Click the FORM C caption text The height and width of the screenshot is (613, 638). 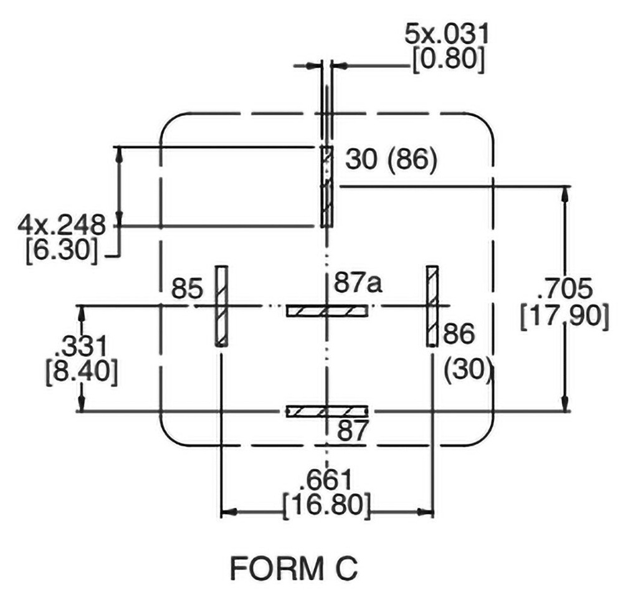[293, 568]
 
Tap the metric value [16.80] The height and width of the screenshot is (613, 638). [326, 505]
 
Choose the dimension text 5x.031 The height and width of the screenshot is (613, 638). [446, 34]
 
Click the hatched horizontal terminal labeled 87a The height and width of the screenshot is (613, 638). [326, 310]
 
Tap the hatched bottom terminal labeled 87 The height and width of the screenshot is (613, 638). [326, 411]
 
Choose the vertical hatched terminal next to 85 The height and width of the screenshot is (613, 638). [221, 305]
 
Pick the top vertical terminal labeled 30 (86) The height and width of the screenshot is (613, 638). [326, 187]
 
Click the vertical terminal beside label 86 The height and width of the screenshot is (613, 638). [432, 305]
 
